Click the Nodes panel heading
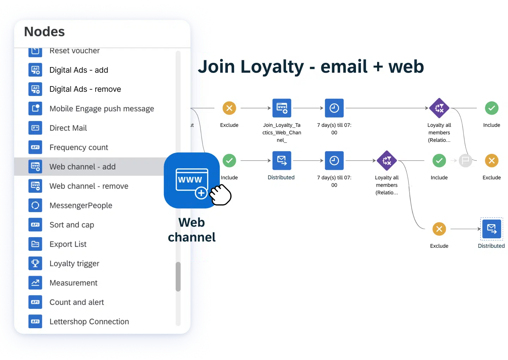tap(44, 32)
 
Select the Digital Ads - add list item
tap(79, 70)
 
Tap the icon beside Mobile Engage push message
tap(35, 108)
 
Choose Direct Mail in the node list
tap(68, 128)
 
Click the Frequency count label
tap(79, 148)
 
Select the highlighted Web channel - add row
tap(83, 167)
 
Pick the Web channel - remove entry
tap(89, 186)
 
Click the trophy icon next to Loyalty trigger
tap(35, 263)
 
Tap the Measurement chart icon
tap(35, 283)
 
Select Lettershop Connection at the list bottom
tap(89, 322)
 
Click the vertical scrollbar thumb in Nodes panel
tap(178, 277)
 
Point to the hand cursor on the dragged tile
tap(220, 195)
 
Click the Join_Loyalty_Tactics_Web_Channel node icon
tap(282, 108)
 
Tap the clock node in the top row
tap(334, 108)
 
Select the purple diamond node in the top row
tap(439, 108)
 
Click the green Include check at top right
tap(491, 108)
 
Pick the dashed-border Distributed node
tap(491, 229)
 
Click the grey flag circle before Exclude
tap(465, 161)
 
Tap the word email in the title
tap(344, 67)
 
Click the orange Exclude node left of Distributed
tap(439, 229)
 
